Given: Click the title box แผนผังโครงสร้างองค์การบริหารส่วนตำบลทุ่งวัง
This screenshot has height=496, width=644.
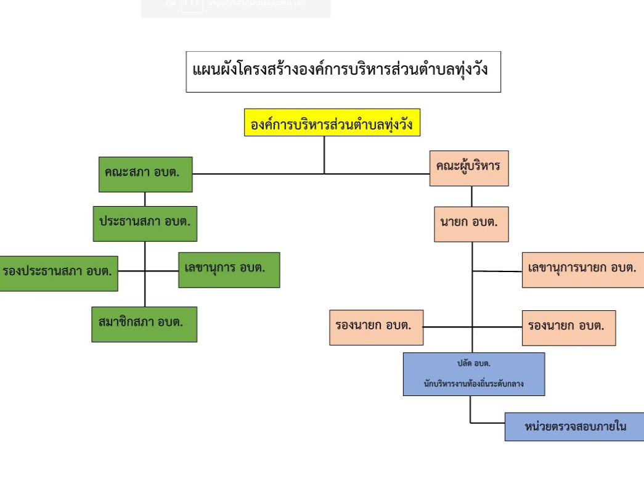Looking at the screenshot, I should (343, 72).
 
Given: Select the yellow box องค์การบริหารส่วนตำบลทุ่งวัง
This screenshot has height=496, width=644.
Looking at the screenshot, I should (332, 123).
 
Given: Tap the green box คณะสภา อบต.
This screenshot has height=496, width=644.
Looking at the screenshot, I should (145, 174).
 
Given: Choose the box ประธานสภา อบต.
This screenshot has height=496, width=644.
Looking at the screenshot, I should (145, 223).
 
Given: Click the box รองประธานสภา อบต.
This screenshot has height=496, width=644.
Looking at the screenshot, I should (59, 273).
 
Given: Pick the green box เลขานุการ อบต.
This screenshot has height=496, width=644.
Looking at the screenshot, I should (229, 270).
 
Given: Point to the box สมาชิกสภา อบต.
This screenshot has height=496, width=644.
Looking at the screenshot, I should (144, 324).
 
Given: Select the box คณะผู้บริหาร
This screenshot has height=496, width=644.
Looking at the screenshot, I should (469, 168).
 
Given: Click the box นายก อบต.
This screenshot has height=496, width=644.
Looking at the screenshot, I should (471, 224).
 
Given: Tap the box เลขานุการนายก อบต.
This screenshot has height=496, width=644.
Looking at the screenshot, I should (582, 270).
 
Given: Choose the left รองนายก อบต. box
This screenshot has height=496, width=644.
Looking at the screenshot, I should (376, 327).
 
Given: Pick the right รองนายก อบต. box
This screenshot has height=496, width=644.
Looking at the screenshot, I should (568, 328).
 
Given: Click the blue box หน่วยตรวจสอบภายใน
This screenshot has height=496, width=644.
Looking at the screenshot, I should (574, 426).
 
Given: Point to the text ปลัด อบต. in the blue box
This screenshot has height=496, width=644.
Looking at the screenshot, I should (473, 363).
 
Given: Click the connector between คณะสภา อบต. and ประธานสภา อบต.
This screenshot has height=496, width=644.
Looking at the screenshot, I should (145, 199).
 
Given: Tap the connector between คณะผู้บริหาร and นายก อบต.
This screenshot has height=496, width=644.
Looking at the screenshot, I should (472, 196).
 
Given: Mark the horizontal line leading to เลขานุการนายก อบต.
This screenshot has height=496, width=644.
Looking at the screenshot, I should (497, 271).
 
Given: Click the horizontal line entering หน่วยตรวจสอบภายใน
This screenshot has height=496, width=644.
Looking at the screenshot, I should (487, 423).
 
